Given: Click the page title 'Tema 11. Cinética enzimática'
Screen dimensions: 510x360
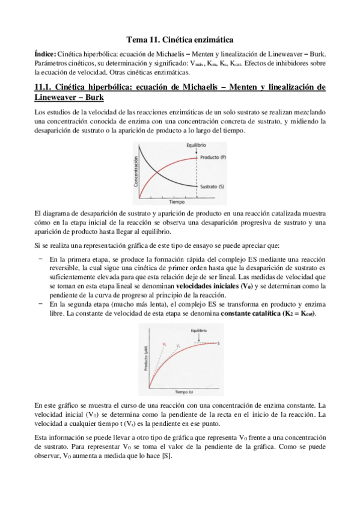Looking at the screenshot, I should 180,38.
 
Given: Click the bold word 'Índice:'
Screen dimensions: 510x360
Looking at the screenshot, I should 47,54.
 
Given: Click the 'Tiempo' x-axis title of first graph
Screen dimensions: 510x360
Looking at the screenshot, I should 176,202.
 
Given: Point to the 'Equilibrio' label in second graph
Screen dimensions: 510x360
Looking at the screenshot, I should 199,331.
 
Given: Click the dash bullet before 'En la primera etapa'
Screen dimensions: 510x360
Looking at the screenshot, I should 40,257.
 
